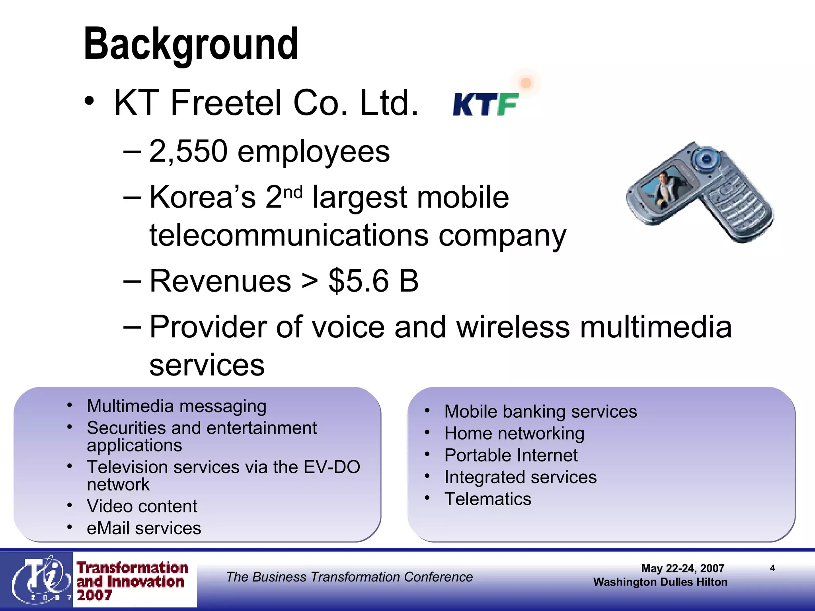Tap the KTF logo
tap(485, 104)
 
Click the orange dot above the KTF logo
tap(526, 83)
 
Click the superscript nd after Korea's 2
tap(293, 192)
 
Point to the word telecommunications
tap(289, 235)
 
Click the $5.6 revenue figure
tap(358, 281)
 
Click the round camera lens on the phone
tap(706, 160)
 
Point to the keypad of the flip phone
tap(736, 205)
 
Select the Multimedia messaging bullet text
tap(176, 406)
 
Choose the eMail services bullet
tap(144, 528)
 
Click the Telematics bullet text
tap(487, 499)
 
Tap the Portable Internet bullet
tap(511, 455)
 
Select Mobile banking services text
tap(540, 411)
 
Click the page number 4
tap(772, 568)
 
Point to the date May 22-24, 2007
tap(682, 568)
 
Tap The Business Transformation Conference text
tap(349, 577)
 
